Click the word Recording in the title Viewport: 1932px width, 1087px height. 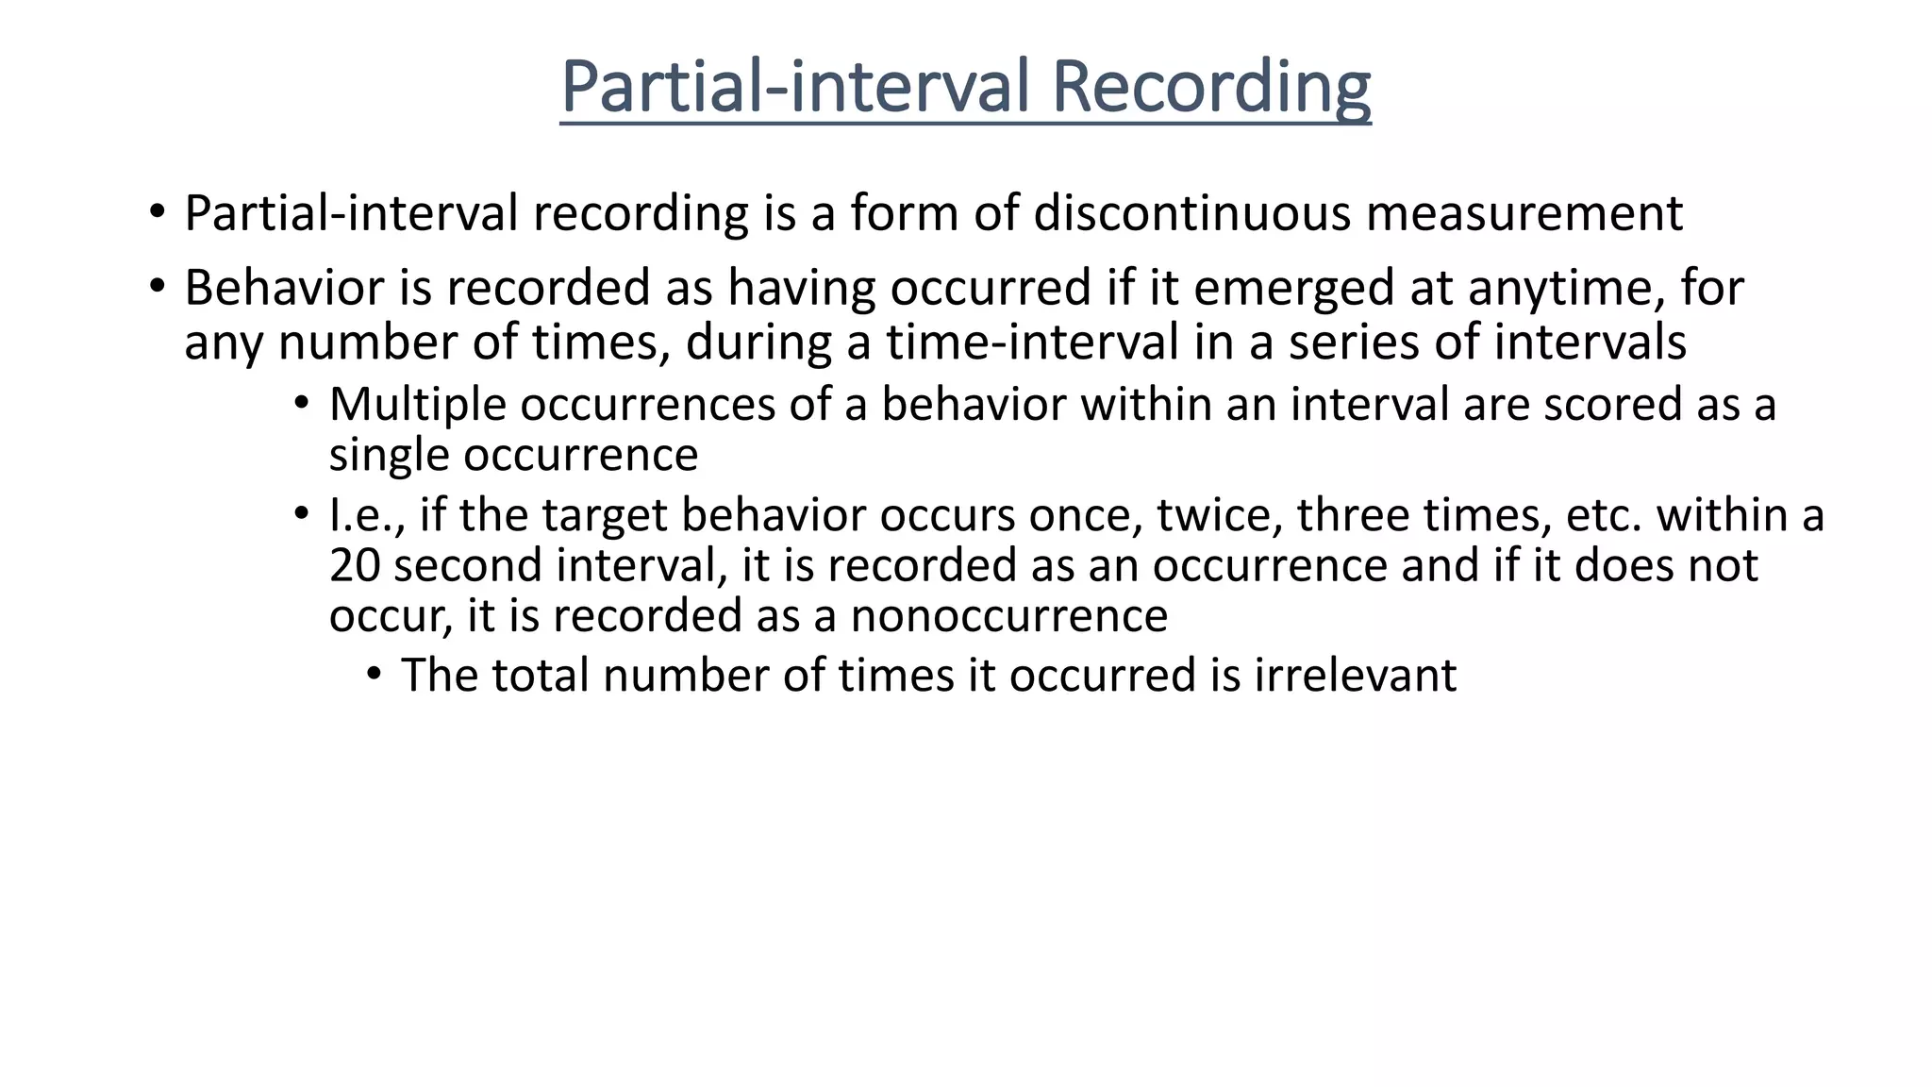pos(1210,87)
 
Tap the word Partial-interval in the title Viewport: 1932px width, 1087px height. pos(794,87)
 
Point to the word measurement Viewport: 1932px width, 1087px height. pos(1524,213)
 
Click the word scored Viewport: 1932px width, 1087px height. pos(1612,405)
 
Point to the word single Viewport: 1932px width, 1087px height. pos(390,455)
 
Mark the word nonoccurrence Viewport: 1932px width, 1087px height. pos(1009,616)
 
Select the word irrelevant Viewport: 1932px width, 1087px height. pos(1356,676)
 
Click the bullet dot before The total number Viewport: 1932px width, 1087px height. pos(375,674)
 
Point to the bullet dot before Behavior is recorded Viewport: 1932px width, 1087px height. pos(157,286)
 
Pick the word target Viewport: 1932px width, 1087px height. pos(607,515)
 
